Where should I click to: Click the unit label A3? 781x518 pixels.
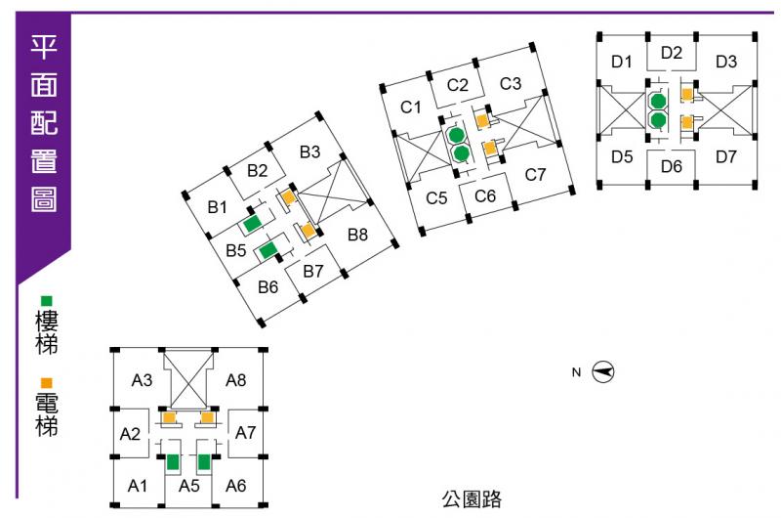coord(143,379)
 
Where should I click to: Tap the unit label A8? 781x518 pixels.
coord(236,379)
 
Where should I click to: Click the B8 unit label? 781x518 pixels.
coord(356,235)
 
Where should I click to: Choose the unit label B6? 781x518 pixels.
coord(268,287)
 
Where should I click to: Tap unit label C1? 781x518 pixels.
coord(411,107)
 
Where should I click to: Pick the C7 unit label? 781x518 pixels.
coord(535,176)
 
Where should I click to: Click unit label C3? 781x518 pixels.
coord(511,83)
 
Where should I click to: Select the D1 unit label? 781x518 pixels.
coord(622,62)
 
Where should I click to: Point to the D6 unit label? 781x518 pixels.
coord(671,165)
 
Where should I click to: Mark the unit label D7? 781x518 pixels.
coord(726,156)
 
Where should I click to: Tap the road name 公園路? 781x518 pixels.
coord(472,500)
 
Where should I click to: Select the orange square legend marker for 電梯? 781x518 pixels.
coord(46,383)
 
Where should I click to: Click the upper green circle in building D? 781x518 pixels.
coord(658,101)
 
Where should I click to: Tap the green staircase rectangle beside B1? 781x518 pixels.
coord(254,223)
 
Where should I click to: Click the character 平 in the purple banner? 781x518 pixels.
coord(44,47)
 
